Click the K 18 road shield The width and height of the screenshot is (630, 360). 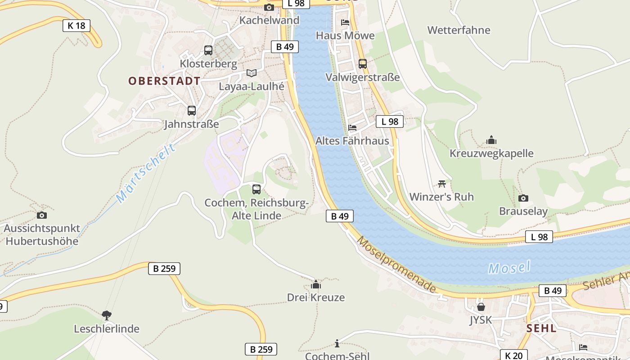coord(76,26)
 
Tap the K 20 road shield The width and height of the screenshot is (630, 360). coord(513,355)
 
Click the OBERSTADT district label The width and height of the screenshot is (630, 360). coord(164,81)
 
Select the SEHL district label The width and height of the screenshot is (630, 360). coord(541,328)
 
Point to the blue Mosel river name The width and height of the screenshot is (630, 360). coord(509,268)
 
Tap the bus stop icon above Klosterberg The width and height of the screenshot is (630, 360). coord(208,50)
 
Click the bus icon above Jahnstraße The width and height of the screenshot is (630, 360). coord(192,111)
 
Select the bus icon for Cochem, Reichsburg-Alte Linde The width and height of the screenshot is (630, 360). coord(256,189)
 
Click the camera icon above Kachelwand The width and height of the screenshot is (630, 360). coord(269,7)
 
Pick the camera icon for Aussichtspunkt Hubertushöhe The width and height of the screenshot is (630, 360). coord(42,216)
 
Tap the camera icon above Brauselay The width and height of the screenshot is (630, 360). coord(523,198)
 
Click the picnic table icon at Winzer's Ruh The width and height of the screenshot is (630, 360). coord(441,184)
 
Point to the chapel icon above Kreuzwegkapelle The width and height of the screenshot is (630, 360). coord(491,140)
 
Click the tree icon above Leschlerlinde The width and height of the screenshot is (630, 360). coord(107,315)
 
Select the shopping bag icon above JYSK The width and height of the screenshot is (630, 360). coord(481,307)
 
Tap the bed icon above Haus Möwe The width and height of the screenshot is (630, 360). coord(345,22)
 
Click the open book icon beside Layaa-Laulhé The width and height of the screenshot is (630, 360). coord(251,73)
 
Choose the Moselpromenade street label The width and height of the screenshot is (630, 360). coord(396,264)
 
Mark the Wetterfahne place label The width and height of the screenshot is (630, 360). coord(459,30)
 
